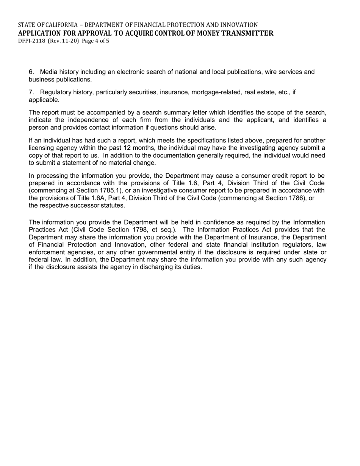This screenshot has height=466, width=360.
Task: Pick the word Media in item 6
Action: (x=48, y=72)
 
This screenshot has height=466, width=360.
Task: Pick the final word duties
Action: (x=191, y=267)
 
